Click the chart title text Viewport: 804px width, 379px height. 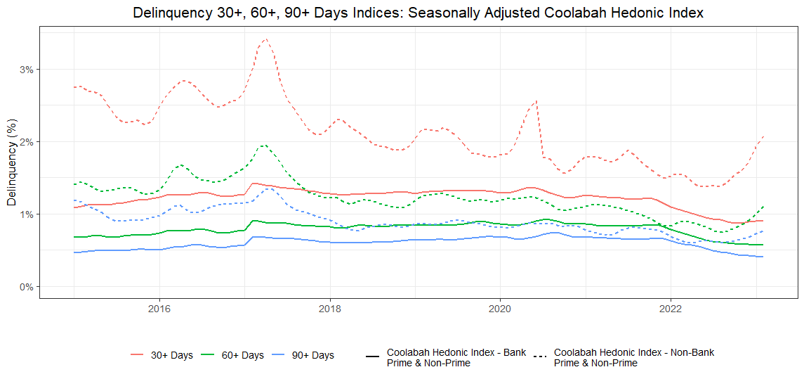pyautogui.click(x=418, y=13)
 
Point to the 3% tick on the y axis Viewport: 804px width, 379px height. pyautogui.click(x=26, y=70)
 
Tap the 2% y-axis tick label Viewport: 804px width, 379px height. pyautogui.click(x=26, y=142)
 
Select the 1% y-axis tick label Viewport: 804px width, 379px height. pyautogui.click(x=26, y=214)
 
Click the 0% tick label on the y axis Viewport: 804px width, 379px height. pyautogui.click(x=26, y=287)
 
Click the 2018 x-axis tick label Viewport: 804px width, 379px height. pyautogui.click(x=329, y=307)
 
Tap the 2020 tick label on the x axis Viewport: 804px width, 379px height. pyautogui.click(x=499, y=307)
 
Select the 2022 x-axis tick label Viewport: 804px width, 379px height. pyautogui.click(x=670, y=307)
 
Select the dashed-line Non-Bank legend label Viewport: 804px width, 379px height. pyautogui.click(x=633, y=357)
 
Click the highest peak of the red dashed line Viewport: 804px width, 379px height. pyautogui.click(x=265, y=39)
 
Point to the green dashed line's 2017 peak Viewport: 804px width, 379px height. pyautogui.click(x=263, y=146)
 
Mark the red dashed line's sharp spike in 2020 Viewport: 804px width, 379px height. pyautogui.click(x=536, y=101)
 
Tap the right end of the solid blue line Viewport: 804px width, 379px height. pyautogui.click(x=763, y=257)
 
